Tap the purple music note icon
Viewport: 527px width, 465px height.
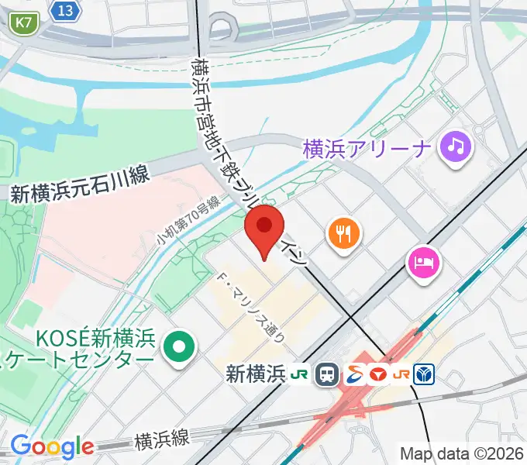pyautogui.click(x=456, y=146)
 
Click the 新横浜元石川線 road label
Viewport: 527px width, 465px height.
pyautogui.click(x=79, y=188)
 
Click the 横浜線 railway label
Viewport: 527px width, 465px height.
pyautogui.click(x=161, y=440)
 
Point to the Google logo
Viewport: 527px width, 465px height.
pyautogui.click(x=52, y=446)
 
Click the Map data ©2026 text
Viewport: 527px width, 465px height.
pyautogui.click(x=460, y=453)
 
